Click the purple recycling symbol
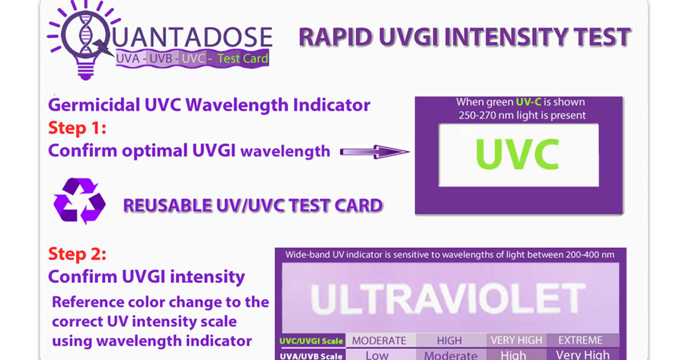(x=80, y=201)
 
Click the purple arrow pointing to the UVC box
(x=375, y=152)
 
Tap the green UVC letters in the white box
(x=517, y=154)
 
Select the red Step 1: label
(x=77, y=128)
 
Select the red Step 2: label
(x=77, y=254)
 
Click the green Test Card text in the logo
(x=243, y=58)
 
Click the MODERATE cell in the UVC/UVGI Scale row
(x=379, y=341)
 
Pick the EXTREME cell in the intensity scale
(x=580, y=340)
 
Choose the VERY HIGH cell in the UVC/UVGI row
(x=517, y=340)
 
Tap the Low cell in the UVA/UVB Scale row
(x=377, y=355)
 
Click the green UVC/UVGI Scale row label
(x=311, y=341)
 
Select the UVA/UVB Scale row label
(x=311, y=356)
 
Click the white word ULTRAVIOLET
(x=448, y=299)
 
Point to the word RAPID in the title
(x=336, y=37)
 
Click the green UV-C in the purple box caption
(x=528, y=102)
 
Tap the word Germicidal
(x=94, y=105)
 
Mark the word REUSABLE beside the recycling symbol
(x=167, y=205)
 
